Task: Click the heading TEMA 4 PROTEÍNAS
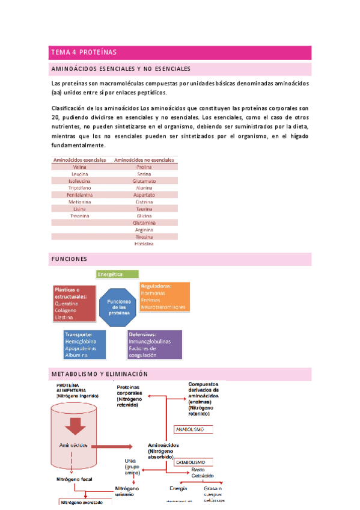pyautogui.click(x=84, y=52)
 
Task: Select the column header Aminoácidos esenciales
pyautogui.click(x=80, y=161)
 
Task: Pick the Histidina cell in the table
pyautogui.click(x=144, y=244)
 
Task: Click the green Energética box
pyautogui.click(x=117, y=274)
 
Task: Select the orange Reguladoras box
pyautogui.click(x=164, y=296)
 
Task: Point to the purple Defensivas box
pyautogui.click(x=154, y=345)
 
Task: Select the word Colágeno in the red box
pyautogui.click(x=67, y=310)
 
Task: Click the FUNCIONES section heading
pyautogui.click(x=70, y=259)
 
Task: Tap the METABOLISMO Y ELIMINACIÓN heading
pyautogui.click(x=99, y=374)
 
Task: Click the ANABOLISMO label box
pyautogui.click(x=198, y=430)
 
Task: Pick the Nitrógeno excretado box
pyautogui.click(x=85, y=502)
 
